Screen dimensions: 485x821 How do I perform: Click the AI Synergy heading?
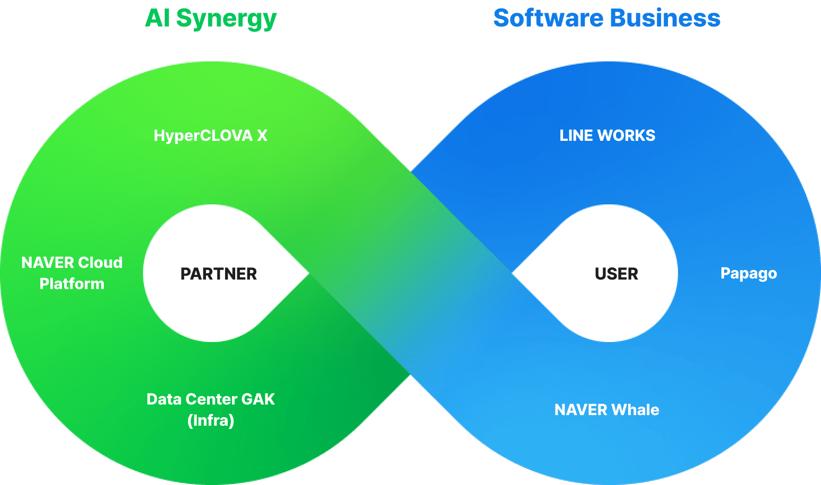pos(211,19)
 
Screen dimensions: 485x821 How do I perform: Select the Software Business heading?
pos(606,19)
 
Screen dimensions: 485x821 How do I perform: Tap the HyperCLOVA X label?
pos(210,136)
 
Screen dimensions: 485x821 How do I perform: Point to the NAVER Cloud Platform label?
pos(72,273)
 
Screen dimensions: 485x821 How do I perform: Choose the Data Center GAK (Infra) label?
pos(211,410)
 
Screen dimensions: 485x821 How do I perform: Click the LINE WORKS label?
pos(607,136)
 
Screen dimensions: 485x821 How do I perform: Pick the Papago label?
pos(748,274)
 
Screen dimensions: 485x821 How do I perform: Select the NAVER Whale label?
pos(606,410)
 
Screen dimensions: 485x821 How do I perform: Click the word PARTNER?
pos(218,274)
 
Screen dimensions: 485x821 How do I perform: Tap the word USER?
pos(616,274)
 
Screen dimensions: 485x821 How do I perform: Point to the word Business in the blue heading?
pos(665,19)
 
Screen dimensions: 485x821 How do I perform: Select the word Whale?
pos(636,410)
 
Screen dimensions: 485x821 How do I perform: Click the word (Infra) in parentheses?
pos(211,420)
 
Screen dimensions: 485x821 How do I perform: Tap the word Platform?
pos(72,284)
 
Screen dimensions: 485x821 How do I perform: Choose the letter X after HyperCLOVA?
pos(262,136)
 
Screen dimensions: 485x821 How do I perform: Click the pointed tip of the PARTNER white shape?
pos(308,273)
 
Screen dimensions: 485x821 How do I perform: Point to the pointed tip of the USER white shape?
pos(513,273)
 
